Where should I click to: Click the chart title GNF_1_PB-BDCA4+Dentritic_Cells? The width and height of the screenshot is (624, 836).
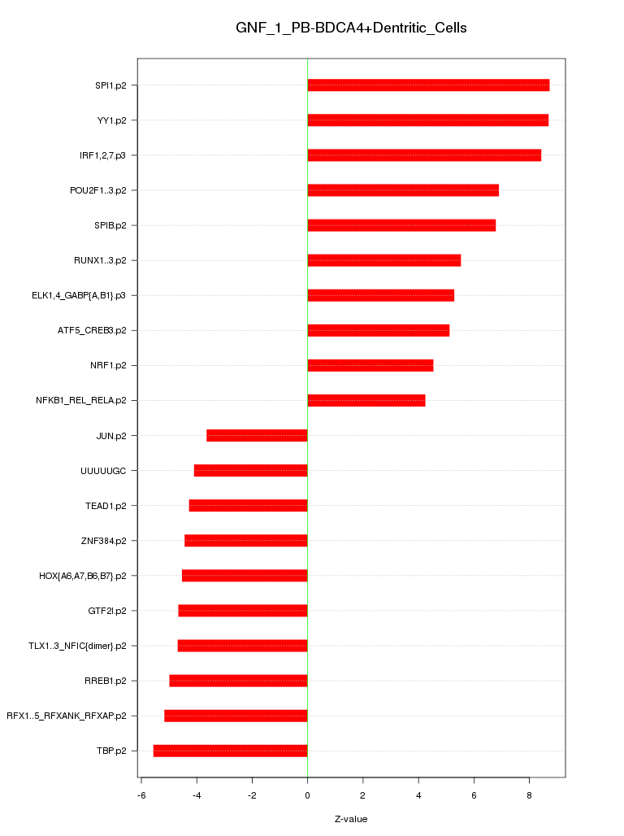(351, 28)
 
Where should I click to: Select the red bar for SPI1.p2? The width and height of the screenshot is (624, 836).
(428, 85)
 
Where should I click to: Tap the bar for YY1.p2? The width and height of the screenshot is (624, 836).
(427, 120)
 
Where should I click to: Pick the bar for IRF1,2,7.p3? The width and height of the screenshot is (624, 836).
(424, 155)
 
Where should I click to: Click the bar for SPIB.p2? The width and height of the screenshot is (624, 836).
(401, 225)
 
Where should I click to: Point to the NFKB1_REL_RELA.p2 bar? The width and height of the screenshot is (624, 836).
(366, 400)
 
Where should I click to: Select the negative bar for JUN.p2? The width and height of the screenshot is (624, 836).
(257, 435)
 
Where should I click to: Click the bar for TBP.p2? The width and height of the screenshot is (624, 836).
(230, 750)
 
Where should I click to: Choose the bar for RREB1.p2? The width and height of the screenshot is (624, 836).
(238, 680)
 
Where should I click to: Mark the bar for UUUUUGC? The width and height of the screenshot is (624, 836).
(250, 470)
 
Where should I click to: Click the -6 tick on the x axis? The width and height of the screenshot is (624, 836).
(141, 794)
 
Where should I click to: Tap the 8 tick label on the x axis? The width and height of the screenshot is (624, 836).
(529, 794)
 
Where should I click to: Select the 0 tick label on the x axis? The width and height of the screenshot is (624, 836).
(307, 794)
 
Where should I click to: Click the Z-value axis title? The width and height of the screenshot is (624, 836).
(351, 819)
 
